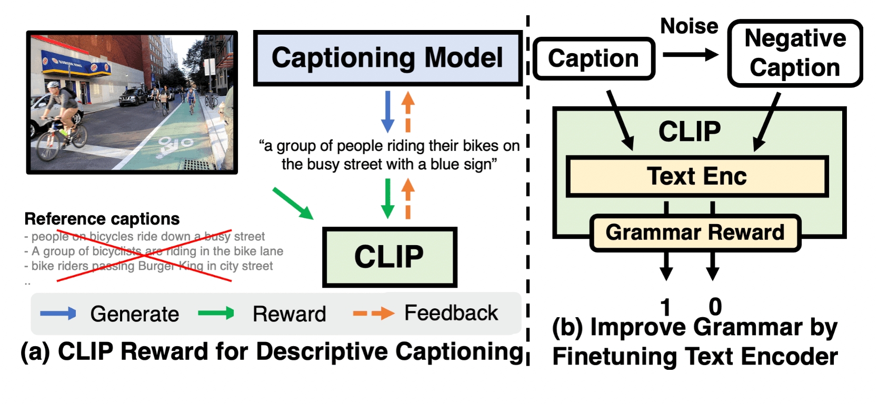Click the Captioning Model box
pos(387,58)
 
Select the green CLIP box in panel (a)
pos(389,257)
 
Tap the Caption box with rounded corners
pos(593,58)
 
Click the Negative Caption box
pos(795,53)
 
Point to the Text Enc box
pos(696,176)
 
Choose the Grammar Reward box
pos(695,233)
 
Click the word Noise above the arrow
pos(689,26)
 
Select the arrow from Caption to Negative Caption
pos(690,54)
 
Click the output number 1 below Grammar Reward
pos(666,306)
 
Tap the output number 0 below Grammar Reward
pos(715,306)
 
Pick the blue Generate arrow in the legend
pos(58,314)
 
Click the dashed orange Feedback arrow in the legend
pos(373,314)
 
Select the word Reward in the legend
pos(289,314)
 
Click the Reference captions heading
pos(102,219)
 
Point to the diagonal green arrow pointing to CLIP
pos(293,203)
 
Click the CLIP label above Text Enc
pos(690,132)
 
